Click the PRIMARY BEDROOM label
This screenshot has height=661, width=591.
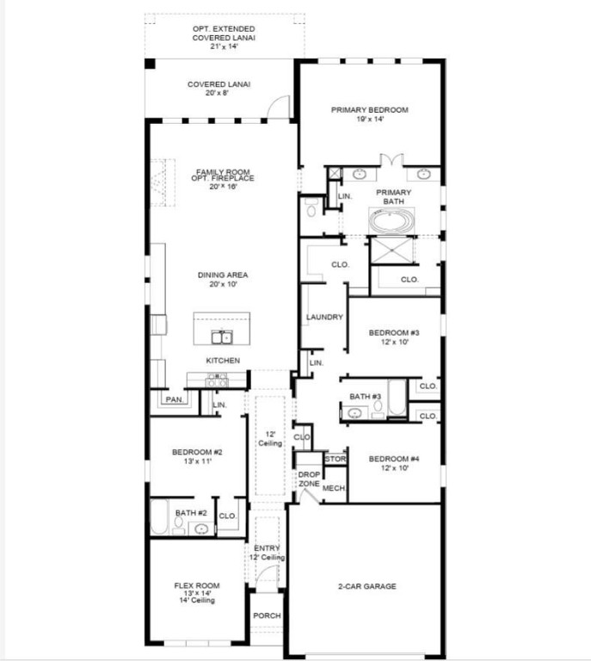coord(369,110)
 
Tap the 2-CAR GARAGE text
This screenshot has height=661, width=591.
coord(366,586)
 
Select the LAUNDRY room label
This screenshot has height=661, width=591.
coord(324,318)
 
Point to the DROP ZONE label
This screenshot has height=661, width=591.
coord(309,479)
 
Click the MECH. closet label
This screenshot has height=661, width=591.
coord(334,488)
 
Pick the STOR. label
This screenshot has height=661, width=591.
coord(335,460)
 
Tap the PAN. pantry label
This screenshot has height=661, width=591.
coord(174,399)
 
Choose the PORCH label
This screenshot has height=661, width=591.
coord(267,616)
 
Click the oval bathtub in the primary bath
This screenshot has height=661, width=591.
coord(391,221)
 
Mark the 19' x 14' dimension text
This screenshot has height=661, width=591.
coord(369,120)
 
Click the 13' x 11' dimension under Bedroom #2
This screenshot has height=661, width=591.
coord(197,461)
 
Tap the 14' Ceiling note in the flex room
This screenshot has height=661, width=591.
coord(197,601)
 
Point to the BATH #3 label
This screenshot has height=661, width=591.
coord(365,396)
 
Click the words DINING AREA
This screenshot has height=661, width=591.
coord(223,275)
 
